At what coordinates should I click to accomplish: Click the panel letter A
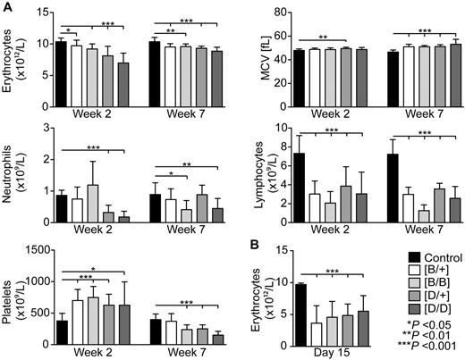pyautogui.click(x=6, y=7)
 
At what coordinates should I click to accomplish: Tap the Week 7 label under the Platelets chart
pyautogui.click(x=177, y=350)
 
